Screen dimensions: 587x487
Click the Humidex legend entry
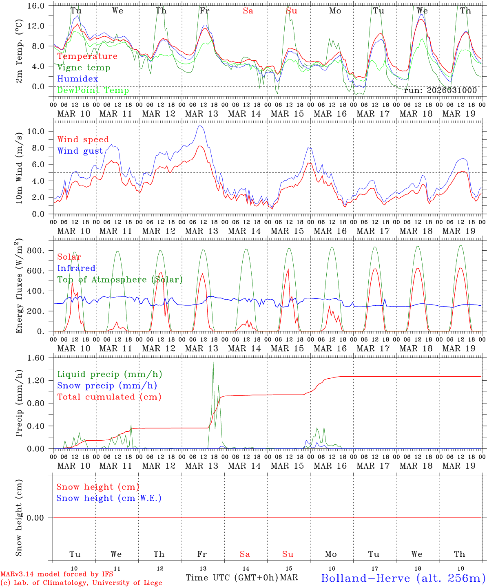tap(77, 79)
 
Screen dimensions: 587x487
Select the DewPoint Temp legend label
tap(93, 90)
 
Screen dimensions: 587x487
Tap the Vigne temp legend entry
tap(84, 67)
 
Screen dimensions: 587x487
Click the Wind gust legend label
tap(80, 151)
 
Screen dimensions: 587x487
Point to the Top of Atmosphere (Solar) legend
tap(120, 280)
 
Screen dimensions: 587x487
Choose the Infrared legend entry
tap(76, 268)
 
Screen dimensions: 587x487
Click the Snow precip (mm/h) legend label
tap(107, 386)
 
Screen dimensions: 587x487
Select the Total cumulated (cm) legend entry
tap(109, 397)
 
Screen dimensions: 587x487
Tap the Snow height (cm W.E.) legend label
tap(109, 498)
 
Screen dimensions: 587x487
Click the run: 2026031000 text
tap(440, 90)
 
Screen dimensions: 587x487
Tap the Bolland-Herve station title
tap(403, 578)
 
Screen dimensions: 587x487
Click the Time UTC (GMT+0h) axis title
tap(232, 578)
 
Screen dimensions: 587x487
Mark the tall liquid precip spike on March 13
tap(213, 363)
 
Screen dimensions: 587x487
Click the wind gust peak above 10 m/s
tap(200, 126)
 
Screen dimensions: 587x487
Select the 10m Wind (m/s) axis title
tap(19, 167)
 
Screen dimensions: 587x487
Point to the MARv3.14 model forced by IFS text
tap(57, 574)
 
